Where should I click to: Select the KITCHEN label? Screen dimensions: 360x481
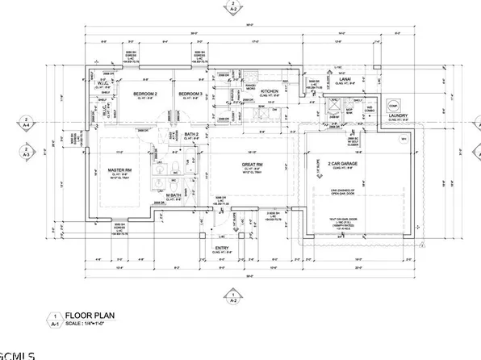point(270,92)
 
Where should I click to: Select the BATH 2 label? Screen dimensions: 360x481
point(191,133)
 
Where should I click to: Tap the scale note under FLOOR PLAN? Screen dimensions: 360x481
point(91,325)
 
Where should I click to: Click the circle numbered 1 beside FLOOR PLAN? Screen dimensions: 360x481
point(55,317)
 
